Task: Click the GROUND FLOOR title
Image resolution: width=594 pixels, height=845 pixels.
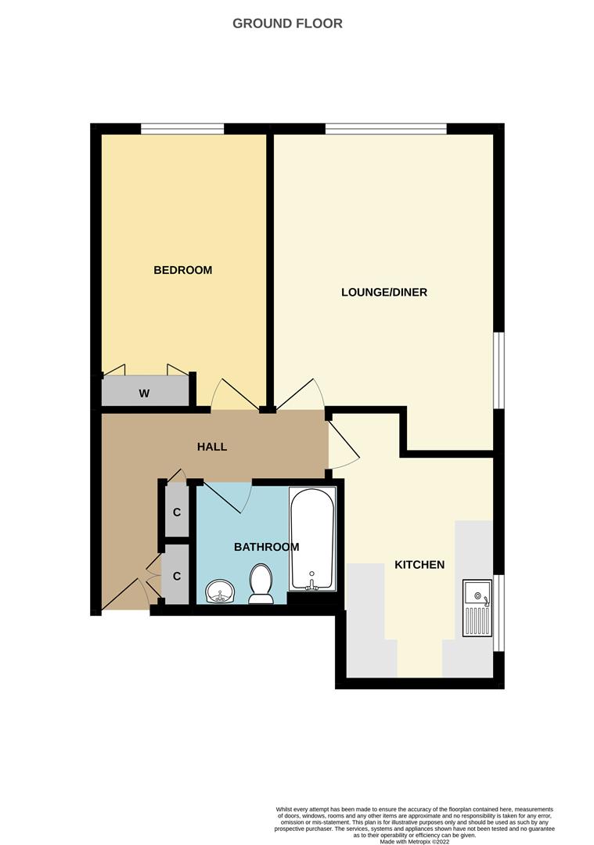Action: point(287,23)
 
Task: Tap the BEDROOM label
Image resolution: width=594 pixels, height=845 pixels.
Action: point(182,270)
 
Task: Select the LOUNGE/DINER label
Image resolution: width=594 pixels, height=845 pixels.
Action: point(384,293)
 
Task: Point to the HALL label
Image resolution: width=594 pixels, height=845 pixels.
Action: point(212,447)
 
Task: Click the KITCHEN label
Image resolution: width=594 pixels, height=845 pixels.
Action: point(419,565)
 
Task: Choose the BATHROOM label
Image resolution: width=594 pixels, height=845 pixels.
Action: point(266,547)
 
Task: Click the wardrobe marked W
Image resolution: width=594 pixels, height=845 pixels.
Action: point(145,393)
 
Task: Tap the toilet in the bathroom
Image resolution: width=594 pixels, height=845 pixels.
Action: point(260,585)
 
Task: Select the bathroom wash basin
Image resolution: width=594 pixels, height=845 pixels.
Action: point(220,592)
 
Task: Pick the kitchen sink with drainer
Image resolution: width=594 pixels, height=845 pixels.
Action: point(477,607)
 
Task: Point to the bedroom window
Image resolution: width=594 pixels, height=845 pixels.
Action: point(182,129)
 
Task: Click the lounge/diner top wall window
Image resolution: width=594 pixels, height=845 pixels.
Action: point(386,129)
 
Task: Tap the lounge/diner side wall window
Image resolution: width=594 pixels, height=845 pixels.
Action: point(499,370)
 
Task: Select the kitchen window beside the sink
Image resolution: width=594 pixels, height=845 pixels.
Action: point(499,613)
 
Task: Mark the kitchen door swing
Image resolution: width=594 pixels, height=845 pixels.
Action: point(343,442)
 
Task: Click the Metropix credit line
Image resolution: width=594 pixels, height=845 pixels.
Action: point(414,842)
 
